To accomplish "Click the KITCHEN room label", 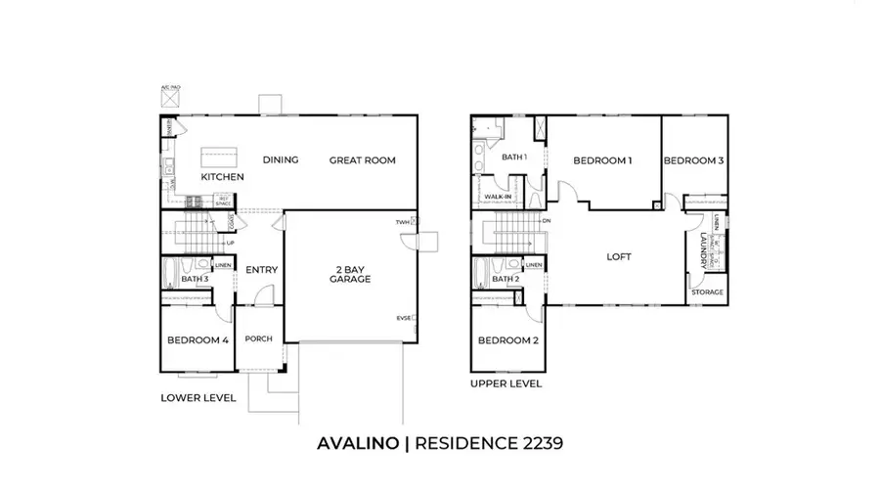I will coord(222,177).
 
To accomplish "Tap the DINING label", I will coord(280,160).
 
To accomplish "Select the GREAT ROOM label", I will coord(362,160).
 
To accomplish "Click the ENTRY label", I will coord(261,270).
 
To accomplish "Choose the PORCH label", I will coord(258,339).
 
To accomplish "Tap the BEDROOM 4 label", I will coord(198,340).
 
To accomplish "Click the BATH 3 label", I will coord(195,280).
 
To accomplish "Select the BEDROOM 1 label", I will coord(602,160).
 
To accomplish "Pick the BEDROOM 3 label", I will coord(693,160).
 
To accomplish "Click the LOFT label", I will coord(619,257).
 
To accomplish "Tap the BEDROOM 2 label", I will coord(507,340).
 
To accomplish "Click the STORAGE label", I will coord(707,292).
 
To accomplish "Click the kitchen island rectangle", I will coord(216,157).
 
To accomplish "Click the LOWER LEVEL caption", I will coord(198,398).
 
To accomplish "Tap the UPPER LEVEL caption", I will coord(506,383).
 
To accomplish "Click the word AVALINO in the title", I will coord(357,443).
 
